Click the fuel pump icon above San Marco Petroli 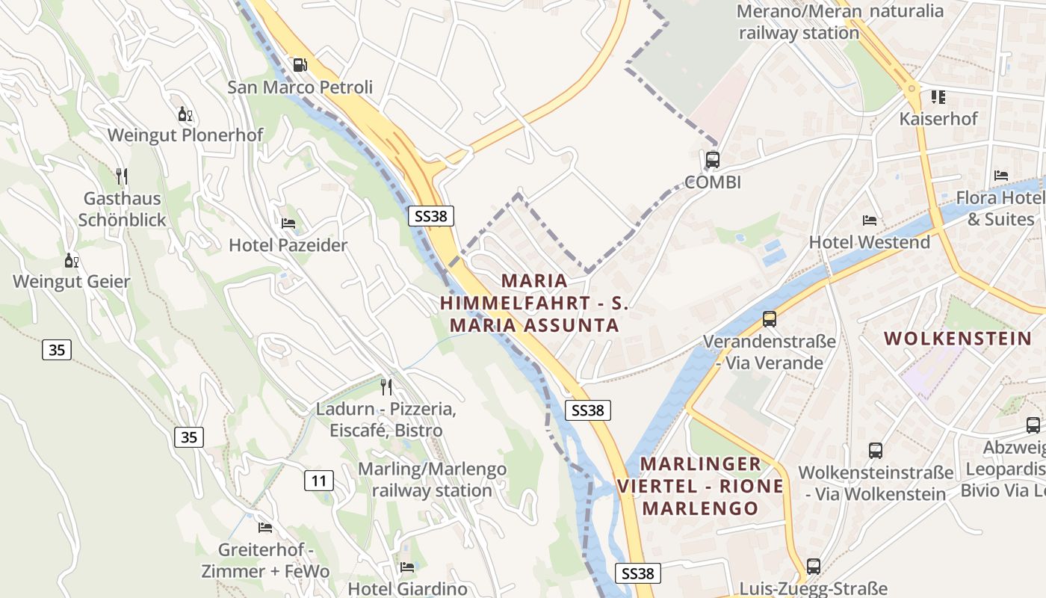click(x=300, y=65)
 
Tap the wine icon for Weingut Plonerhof click(x=185, y=114)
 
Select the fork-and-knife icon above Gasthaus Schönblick click(x=122, y=176)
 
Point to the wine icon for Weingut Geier click(x=72, y=260)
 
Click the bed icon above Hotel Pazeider click(x=288, y=223)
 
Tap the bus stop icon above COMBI click(x=712, y=159)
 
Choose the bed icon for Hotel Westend click(x=869, y=220)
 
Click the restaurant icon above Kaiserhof click(x=938, y=96)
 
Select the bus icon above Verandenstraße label click(x=769, y=319)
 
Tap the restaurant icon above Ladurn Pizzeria click(x=386, y=386)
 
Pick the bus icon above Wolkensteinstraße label click(x=875, y=451)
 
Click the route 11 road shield click(x=319, y=480)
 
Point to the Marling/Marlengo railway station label click(x=432, y=480)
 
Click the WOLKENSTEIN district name click(x=957, y=339)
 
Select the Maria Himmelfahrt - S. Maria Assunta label click(x=534, y=303)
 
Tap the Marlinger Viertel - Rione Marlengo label click(x=700, y=486)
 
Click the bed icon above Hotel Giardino click(x=406, y=567)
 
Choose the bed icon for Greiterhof click(x=264, y=527)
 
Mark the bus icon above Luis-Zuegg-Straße click(x=813, y=566)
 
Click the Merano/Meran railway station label click(x=799, y=22)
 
